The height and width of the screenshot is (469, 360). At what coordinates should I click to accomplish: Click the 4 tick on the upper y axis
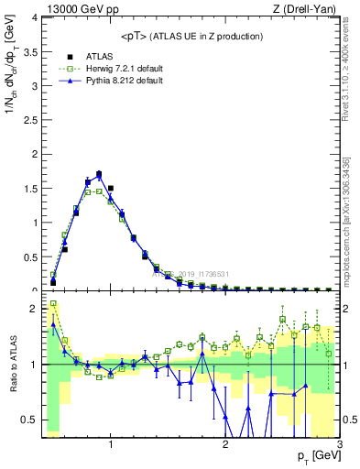coord(36,17)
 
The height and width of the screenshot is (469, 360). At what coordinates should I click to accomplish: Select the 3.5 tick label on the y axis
coord(31,52)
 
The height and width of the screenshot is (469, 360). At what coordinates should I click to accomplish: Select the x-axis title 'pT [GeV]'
coord(317,456)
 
